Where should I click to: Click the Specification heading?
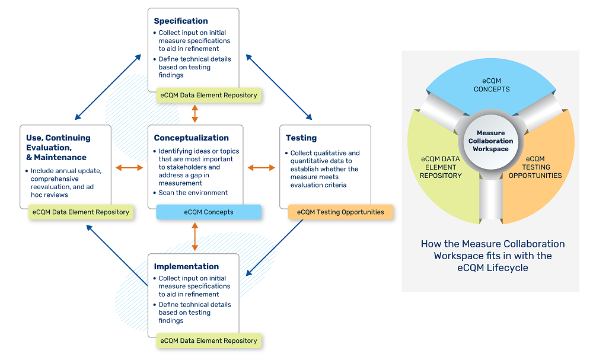(x=181, y=21)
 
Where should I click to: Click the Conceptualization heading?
(x=191, y=138)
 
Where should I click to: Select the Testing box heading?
(x=301, y=138)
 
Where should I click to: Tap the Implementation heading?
(x=186, y=266)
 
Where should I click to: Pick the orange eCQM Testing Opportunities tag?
(x=340, y=212)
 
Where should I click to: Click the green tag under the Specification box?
(x=209, y=95)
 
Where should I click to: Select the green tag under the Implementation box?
(x=209, y=341)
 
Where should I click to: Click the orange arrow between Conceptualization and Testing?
(x=261, y=168)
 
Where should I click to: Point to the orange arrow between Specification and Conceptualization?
(x=195, y=113)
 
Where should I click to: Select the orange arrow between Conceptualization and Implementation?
(x=195, y=237)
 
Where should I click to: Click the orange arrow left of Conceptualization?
(x=130, y=168)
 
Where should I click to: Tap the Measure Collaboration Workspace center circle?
(x=490, y=141)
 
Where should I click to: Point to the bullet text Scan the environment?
(x=193, y=193)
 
